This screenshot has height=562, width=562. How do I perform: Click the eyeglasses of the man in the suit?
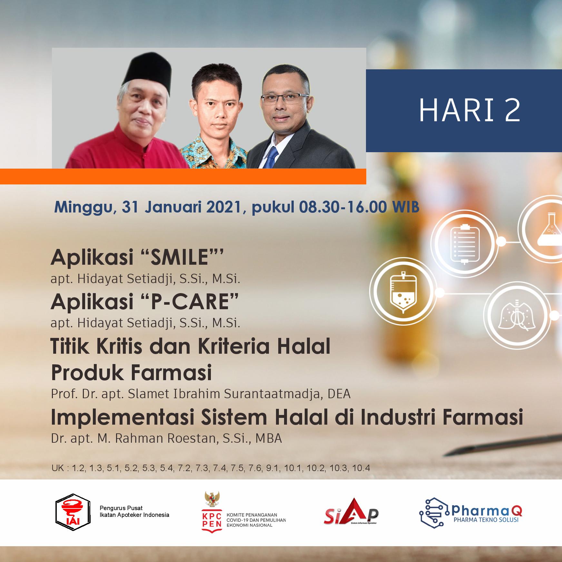click(284, 98)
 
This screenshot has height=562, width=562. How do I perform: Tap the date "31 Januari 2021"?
click(181, 207)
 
